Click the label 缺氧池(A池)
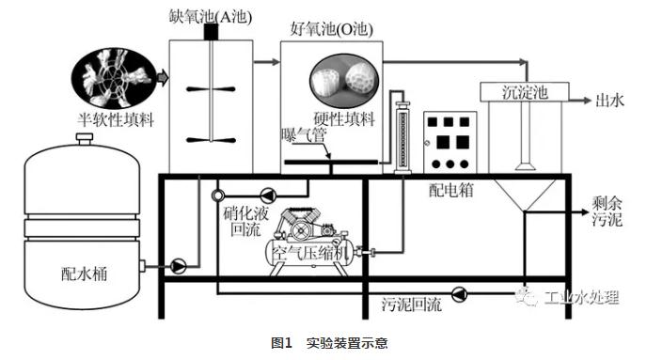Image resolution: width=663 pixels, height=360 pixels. (211, 17)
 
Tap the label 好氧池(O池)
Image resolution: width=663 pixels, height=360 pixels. (332, 29)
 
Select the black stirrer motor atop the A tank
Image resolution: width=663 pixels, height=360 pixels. (211, 32)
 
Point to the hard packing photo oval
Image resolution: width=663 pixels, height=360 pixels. (344, 79)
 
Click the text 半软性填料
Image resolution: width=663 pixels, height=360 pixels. (116, 119)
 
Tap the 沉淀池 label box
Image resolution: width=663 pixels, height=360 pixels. (525, 92)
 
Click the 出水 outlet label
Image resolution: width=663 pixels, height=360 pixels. (609, 101)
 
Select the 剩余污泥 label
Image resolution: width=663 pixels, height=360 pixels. (607, 211)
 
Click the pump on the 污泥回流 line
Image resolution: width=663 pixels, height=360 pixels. (459, 294)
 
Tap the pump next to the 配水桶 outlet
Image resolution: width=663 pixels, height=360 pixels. (178, 266)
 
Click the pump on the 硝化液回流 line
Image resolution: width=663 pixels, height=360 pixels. (268, 196)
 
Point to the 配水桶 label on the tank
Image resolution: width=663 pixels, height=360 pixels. (84, 274)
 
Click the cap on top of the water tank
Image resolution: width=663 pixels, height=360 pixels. (84, 138)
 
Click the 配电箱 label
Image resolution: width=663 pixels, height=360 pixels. (451, 190)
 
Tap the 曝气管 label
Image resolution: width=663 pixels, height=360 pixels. (305, 135)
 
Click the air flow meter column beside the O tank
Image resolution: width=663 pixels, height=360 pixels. (403, 137)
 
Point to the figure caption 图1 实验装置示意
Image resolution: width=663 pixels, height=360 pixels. (329, 342)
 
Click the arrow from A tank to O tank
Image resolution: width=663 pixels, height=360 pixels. (267, 62)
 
